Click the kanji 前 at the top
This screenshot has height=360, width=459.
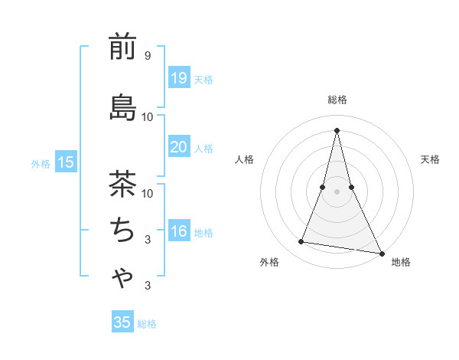point(122,47)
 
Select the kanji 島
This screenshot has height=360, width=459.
point(122,107)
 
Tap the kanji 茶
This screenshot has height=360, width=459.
point(122,183)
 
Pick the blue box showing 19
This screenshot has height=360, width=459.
point(178,78)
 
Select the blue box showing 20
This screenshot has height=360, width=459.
point(178,148)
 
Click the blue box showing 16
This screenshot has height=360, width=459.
point(178,232)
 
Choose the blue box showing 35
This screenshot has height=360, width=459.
point(122,322)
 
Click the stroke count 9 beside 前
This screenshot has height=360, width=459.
point(147,56)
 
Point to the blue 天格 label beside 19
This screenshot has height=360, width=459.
point(203,80)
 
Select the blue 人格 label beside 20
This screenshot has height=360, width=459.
point(203,149)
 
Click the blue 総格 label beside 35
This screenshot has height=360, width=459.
point(147,324)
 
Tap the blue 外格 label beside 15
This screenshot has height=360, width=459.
point(41,163)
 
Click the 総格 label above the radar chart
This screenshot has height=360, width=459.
point(337,100)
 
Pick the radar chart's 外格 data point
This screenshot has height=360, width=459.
point(301,242)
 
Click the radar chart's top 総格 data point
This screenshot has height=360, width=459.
point(337,130)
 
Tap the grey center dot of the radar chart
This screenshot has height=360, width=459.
point(337,191)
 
